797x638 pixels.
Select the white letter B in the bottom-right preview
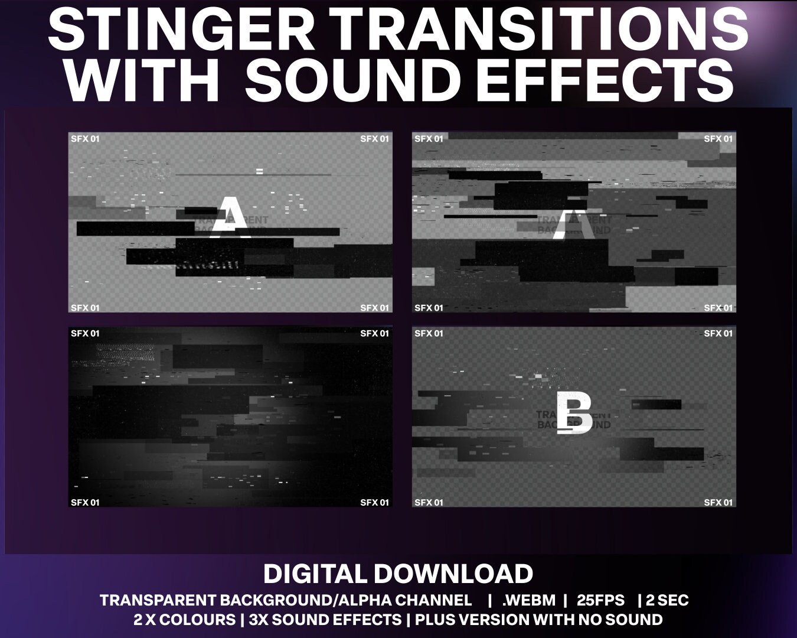pyautogui.click(x=574, y=414)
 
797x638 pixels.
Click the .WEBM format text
pyautogui.click(x=528, y=601)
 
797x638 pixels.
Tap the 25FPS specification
pyautogui.click(x=600, y=601)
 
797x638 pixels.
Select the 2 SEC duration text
pyautogui.click(x=667, y=601)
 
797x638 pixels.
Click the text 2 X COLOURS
pyautogui.click(x=184, y=620)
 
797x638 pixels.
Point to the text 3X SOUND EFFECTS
pyautogui.click(x=325, y=620)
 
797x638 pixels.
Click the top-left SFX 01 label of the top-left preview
pyautogui.click(x=85, y=139)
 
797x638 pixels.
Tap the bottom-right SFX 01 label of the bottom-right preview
pyautogui.click(x=718, y=503)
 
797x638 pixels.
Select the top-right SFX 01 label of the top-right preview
pyautogui.click(x=718, y=139)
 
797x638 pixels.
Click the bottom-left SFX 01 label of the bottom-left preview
pyautogui.click(x=85, y=503)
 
